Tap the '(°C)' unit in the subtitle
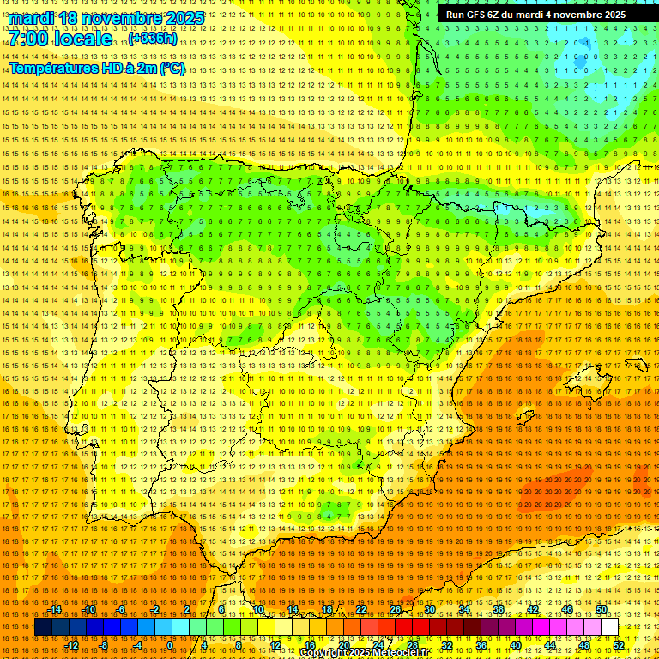(x=172, y=68)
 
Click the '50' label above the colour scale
(x=602, y=609)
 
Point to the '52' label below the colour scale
(x=619, y=645)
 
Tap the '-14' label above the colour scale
(x=55, y=609)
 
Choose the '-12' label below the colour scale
(x=72, y=645)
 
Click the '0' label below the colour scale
(x=170, y=645)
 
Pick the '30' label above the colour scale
(x=429, y=609)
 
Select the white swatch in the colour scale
(x=610, y=627)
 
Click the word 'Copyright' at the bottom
(x=323, y=653)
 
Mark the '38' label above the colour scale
(x=498, y=609)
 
